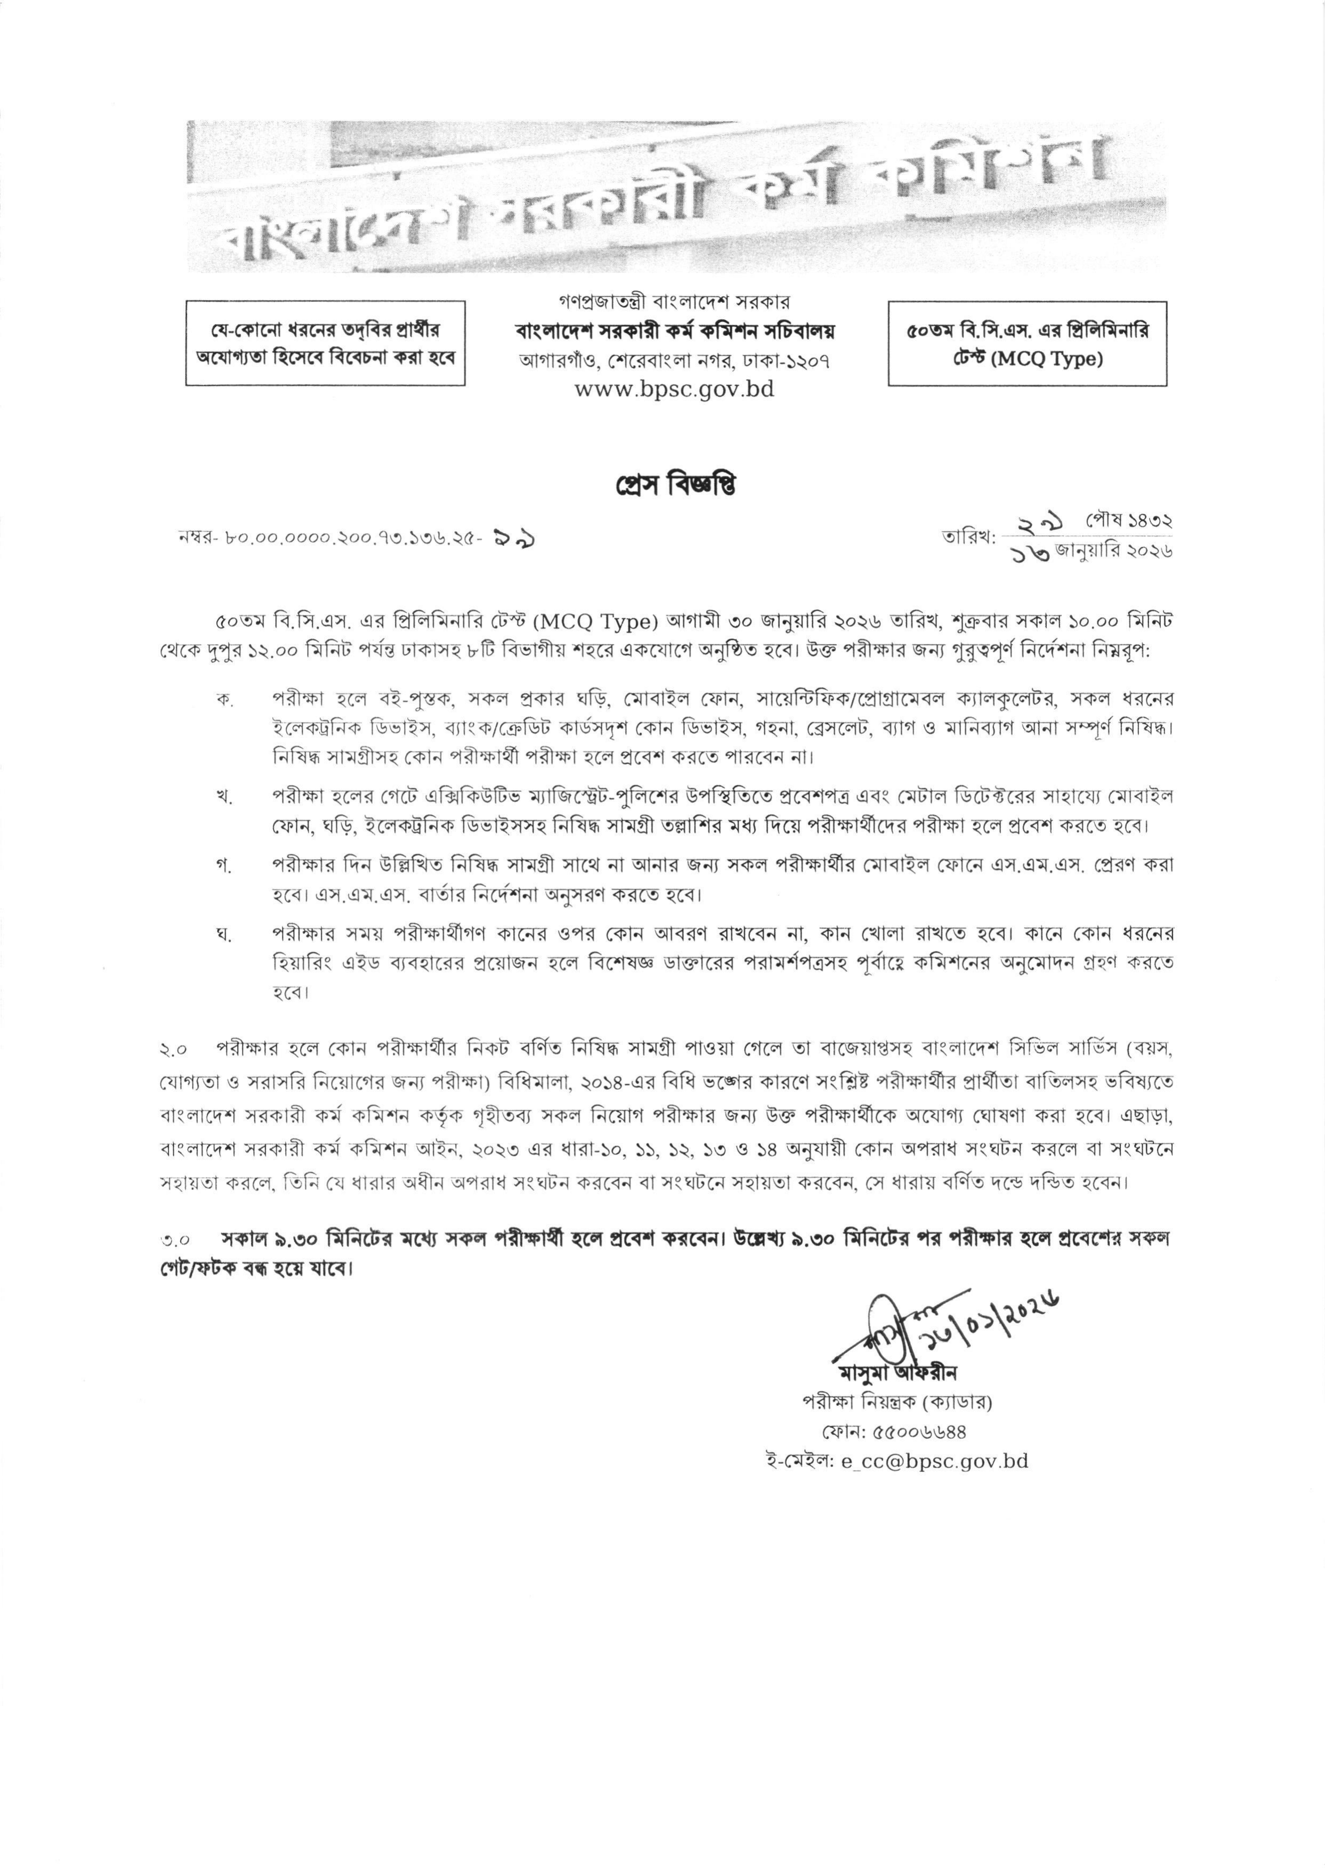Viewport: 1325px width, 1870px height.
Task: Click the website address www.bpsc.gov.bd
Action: tap(674, 390)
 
